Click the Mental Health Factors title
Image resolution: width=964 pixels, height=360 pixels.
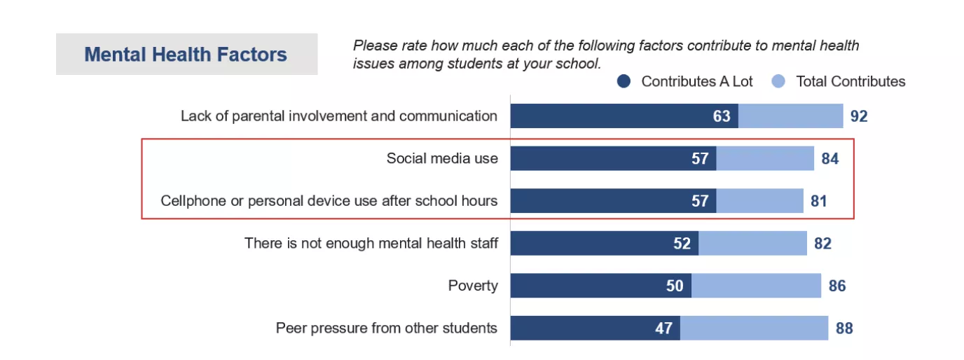186,55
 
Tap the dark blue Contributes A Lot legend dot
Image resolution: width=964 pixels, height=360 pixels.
624,82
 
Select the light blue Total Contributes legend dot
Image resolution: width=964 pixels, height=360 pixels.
778,82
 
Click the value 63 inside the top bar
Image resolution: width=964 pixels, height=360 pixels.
722,116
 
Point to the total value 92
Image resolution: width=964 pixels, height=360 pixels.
859,116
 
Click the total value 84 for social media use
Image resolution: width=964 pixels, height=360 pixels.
830,158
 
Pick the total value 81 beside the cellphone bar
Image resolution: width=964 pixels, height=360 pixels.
818,201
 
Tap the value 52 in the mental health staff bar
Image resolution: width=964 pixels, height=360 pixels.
682,244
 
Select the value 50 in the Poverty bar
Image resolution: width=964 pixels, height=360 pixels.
675,286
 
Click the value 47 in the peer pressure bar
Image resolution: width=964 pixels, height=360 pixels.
663,328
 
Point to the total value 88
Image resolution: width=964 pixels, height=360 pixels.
844,328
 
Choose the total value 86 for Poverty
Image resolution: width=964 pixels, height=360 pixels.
837,286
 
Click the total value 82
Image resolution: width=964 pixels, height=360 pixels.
822,244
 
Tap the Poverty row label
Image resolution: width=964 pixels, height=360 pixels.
473,286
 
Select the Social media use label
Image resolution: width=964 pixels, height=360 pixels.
442,158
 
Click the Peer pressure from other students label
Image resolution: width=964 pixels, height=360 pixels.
387,328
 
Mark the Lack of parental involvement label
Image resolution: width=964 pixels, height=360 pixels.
339,116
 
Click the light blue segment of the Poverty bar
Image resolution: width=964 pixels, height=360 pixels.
756,286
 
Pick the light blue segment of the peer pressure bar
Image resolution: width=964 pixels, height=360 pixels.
754,328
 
